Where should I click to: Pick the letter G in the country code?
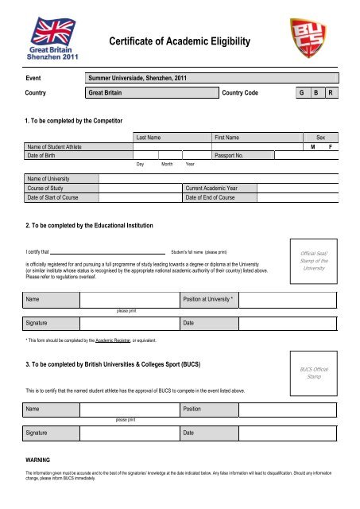pyautogui.click(x=300, y=93)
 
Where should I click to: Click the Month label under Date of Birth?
pyautogui.click(x=167, y=165)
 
